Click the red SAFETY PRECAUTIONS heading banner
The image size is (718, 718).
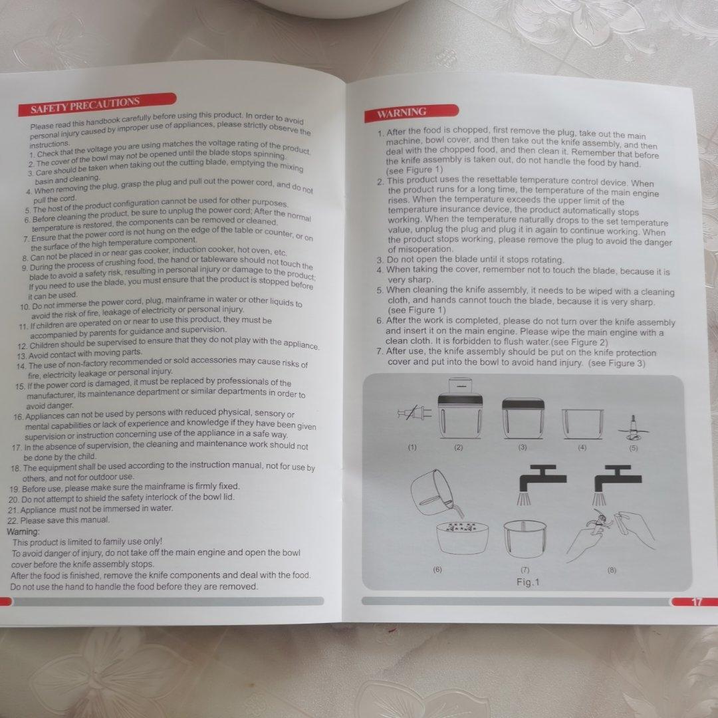pos(97,104)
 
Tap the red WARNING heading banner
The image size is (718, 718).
pos(412,112)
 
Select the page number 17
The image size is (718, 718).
pos(696,602)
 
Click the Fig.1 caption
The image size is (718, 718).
pos(528,582)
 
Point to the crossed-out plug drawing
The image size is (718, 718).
pos(414,413)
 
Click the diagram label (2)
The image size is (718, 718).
pos(458,447)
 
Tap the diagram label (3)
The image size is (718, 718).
pos(523,447)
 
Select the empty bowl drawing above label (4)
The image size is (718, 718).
pos(582,423)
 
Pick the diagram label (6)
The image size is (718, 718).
pos(437,569)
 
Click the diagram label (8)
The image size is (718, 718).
pos(612,570)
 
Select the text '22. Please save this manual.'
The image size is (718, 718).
pos(59,520)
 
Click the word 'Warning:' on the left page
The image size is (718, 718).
pos(23,532)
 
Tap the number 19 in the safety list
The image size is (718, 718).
pos(14,489)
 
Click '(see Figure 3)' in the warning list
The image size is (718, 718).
pos(616,363)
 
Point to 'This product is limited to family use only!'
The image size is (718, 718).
pos(87,542)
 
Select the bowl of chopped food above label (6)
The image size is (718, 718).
pos(463,537)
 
